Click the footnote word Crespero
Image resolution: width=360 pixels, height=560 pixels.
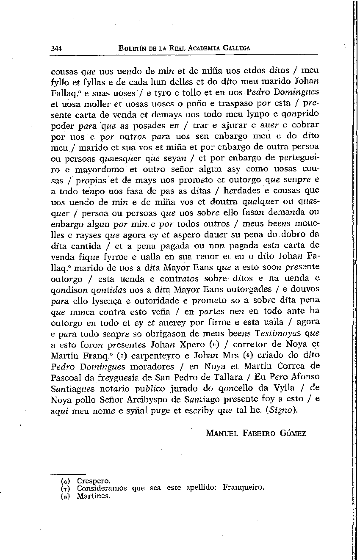(94, 481)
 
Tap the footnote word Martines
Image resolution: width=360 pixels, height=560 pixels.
(94, 496)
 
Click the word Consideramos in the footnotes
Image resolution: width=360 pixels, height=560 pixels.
(102, 488)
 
